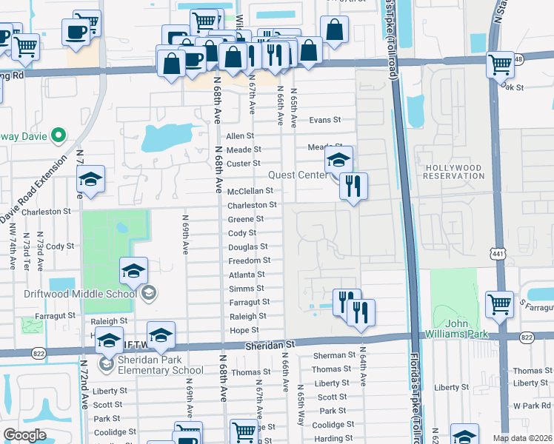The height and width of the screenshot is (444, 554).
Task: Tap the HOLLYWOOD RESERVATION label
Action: point(453,172)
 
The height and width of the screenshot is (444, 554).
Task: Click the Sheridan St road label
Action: point(270,344)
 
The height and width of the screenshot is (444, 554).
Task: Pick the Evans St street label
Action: point(324,119)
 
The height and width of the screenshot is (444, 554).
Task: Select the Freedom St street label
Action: point(249,260)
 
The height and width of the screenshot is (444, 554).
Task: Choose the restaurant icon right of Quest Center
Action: point(354,185)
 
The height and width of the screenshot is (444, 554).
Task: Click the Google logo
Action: point(25,435)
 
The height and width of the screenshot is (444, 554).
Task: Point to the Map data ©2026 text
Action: point(523,438)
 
